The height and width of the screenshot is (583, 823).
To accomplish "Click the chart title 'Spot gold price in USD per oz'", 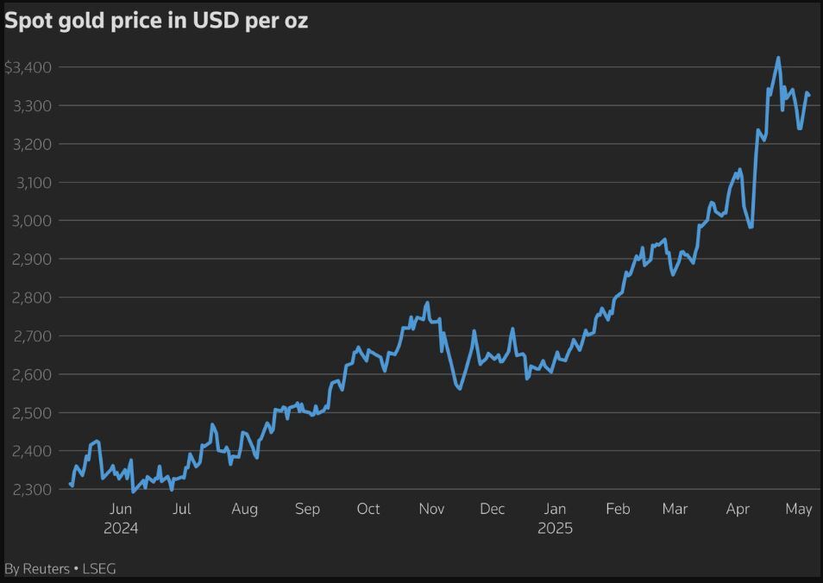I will point(156,22).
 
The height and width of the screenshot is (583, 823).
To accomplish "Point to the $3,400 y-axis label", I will point(28,67).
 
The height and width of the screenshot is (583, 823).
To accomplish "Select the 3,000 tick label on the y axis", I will point(33,221).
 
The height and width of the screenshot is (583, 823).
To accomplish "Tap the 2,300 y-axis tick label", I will point(33,489).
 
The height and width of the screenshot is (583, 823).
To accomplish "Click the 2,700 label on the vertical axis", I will point(33,335).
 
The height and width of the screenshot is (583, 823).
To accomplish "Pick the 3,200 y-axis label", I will point(33,144).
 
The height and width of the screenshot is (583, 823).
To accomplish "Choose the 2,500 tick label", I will point(33,412).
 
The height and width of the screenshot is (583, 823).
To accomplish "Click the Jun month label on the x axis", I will point(121,509).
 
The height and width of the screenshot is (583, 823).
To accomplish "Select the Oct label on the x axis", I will point(368,509).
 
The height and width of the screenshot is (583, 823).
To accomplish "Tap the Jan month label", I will point(555,509).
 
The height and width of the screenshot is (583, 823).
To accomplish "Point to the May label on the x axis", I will point(799,509).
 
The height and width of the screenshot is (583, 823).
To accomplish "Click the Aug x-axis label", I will point(244,509).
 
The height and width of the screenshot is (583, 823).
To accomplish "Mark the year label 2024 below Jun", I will point(121,528).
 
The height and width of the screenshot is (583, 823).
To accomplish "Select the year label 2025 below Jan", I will point(555,528).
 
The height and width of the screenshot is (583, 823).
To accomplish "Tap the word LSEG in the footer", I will point(100,568).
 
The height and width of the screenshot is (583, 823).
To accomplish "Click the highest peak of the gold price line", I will point(778,59).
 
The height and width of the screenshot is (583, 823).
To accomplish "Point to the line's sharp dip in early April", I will point(751,227).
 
